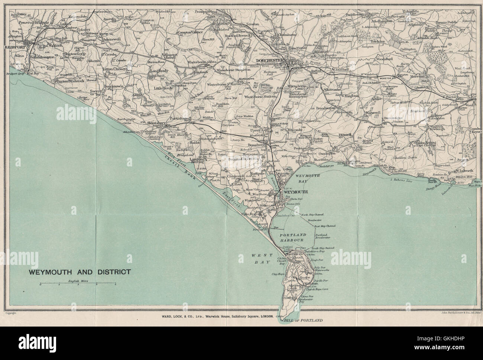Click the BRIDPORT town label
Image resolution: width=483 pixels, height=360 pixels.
click(15, 48)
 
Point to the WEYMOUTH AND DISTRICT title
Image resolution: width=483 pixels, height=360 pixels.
click(80, 272)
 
